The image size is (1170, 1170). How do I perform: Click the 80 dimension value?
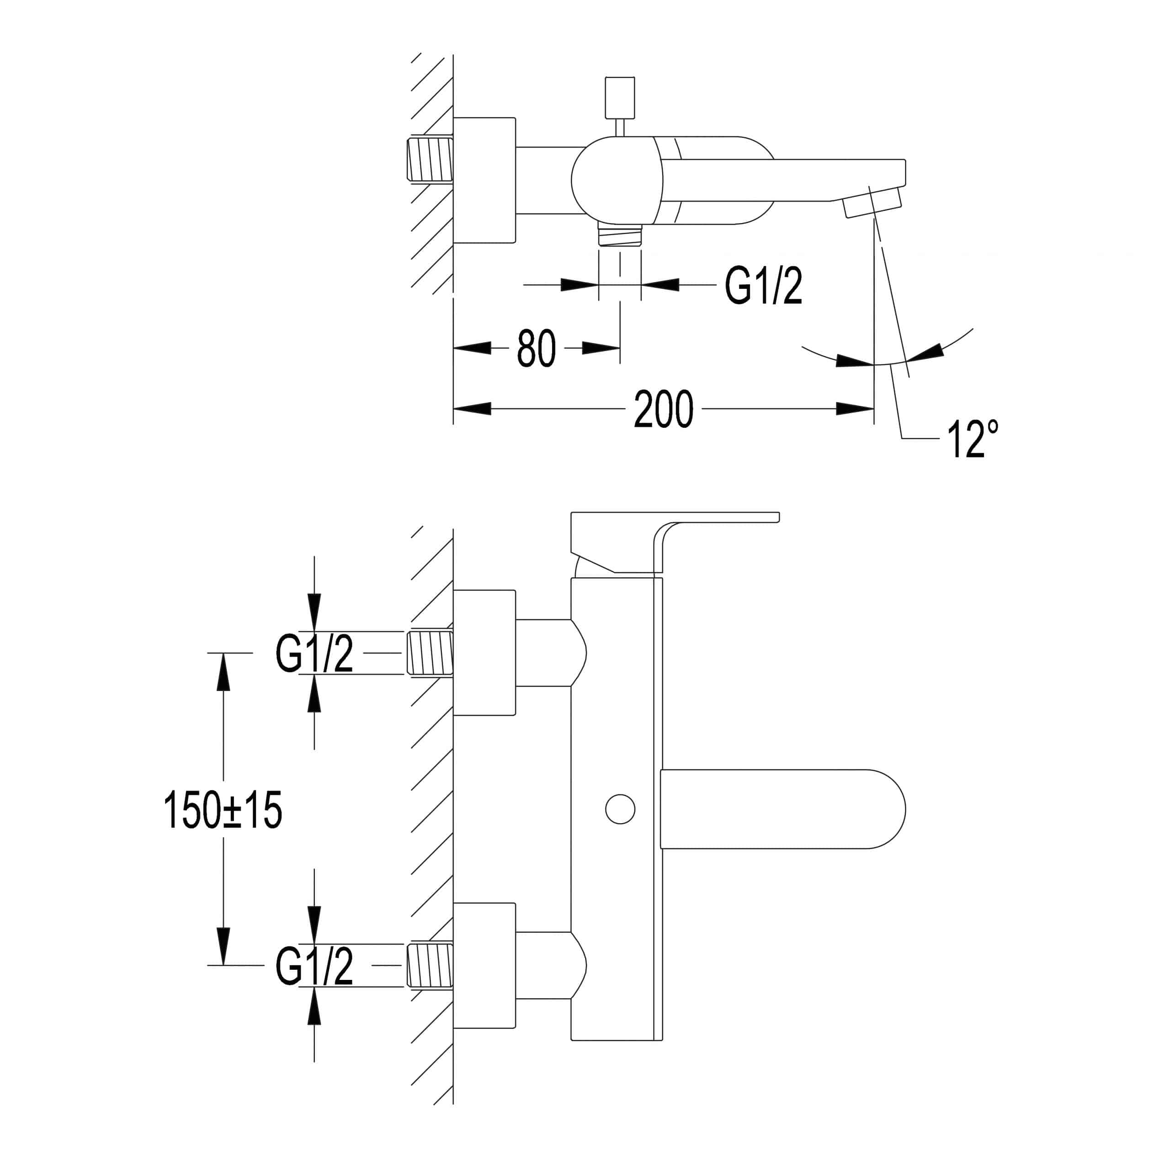pyautogui.click(x=536, y=348)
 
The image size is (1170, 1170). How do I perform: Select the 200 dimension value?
pyautogui.click(x=663, y=409)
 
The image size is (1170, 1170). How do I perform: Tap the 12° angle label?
pyautogui.click(x=973, y=438)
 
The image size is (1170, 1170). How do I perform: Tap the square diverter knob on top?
pyautogui.click(x=620, y=97)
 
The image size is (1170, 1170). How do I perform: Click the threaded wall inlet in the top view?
pyautogui.click(x=431, y=159)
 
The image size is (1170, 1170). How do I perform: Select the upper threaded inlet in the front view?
pyautogui.click(x=430, y=653)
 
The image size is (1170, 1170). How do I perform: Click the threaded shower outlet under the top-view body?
pyautogui.click(x=620, y=234)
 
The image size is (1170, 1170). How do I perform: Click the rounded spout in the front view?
pyautogui.click(x=783, y=808)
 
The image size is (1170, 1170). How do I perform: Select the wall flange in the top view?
pyautogui.click(x=484, y=181)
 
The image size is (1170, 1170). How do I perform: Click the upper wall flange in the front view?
pyautogui.click(x=484, y=652)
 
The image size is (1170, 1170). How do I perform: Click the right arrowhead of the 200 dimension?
pyautogui.click(x=855, y=409)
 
